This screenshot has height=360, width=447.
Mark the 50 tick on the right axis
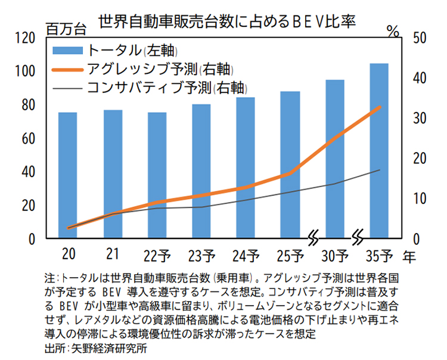click(420, 38)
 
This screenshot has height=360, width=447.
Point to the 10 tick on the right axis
click(420, 198)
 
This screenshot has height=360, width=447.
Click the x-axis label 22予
click(157, 256)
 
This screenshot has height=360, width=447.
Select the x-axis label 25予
click(290, 256)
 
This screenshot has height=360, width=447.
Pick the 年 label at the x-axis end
click(409, 256)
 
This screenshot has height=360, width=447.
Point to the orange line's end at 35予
click(380, 107)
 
